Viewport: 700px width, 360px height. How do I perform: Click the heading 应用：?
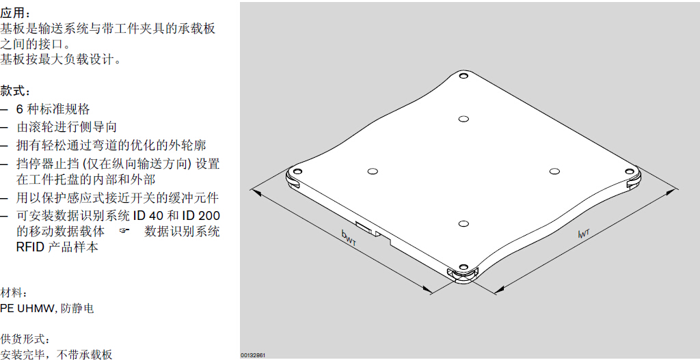point(16,14)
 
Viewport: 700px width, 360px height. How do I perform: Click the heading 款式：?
point(16,92)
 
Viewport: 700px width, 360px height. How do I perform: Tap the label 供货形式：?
point(23,340)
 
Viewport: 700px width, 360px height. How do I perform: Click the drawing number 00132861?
point(254,355)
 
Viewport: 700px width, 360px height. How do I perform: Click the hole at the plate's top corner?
point(463,76)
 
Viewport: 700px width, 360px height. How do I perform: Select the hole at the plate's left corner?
point(297,171)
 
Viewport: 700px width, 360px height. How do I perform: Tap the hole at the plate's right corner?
point(630,171)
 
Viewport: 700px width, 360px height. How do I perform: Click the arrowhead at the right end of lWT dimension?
point(669,193)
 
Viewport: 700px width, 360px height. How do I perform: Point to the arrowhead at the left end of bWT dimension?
point(256,192)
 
